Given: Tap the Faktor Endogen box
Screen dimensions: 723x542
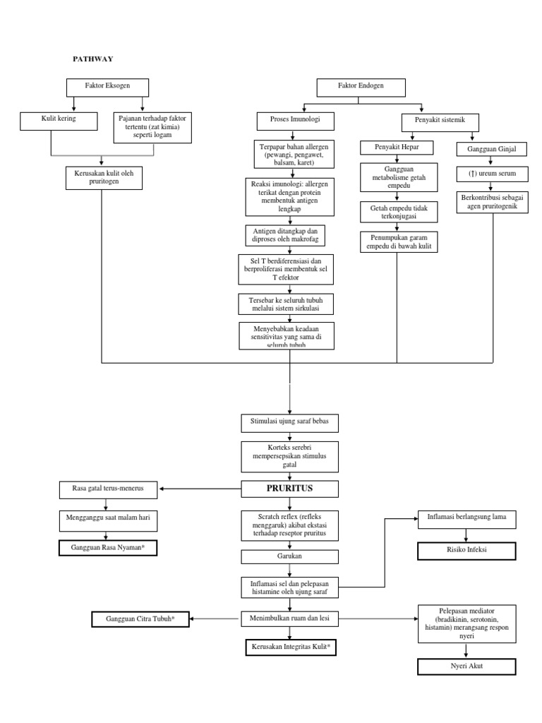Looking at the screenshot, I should click(361, 88).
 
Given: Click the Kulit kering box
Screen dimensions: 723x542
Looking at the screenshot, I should click(58, 120).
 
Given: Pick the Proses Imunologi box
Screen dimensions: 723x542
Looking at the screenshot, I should click(295, 120).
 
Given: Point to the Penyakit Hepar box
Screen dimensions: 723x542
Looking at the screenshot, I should click(396, 148).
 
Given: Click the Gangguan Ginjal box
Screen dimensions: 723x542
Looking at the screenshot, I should click(486, 150).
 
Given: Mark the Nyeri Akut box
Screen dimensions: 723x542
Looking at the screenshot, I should click(466, 666).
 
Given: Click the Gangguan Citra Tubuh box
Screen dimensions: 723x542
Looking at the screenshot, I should click(140, 619).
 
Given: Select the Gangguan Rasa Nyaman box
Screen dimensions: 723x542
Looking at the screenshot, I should click(107, 548).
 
